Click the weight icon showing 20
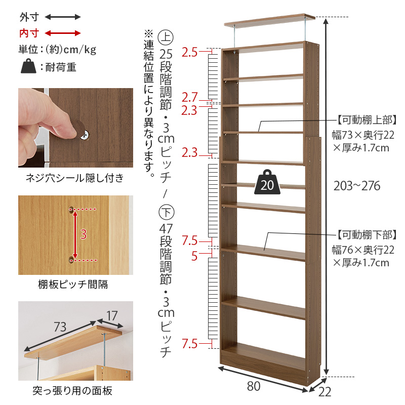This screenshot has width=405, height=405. (x=267, y=183)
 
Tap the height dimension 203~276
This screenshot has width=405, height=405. (x=357, y=186)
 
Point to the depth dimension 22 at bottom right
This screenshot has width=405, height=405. (x=326, y=391)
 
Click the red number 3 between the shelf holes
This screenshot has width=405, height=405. (x=84, y=234)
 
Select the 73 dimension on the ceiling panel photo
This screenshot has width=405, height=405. (x=60, y=327)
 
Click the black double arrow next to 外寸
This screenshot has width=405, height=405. (x=63, y=17)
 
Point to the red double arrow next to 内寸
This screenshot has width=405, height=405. (x=63, y=33)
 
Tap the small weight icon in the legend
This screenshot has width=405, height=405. (x=29, y=67)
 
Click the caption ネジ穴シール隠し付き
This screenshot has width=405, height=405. (x=75, y=178)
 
